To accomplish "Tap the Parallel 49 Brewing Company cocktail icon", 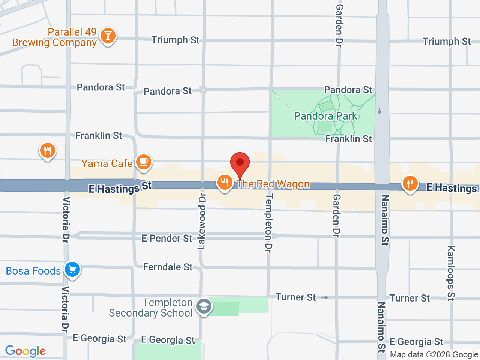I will tap(108, 36).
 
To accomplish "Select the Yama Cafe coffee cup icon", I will tap(143, 162).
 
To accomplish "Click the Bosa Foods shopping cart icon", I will tap(72, 269).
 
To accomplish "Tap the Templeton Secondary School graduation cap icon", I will tap(204, 306).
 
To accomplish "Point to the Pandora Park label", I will tap(325, 116).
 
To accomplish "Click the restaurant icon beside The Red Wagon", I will tap(225, 183).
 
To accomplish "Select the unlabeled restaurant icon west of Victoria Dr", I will tap(47, 151).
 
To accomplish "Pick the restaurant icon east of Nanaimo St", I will tap(410, 184).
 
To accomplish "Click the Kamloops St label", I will tap(451, 273).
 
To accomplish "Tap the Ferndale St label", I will tap(168, 267).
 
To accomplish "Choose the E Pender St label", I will tap(166, 238).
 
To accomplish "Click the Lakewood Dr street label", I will tap(202, 221).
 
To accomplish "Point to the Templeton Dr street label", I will tap(269, 223).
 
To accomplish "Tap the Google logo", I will tap(25, 351).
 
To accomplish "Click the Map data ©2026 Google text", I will tap(434, 354).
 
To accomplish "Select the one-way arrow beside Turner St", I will tap(325, 297).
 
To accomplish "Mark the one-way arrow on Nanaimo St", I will tap(379, 111).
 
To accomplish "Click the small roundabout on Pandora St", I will tap(203, 90).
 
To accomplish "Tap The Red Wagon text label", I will tap(273, 184).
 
